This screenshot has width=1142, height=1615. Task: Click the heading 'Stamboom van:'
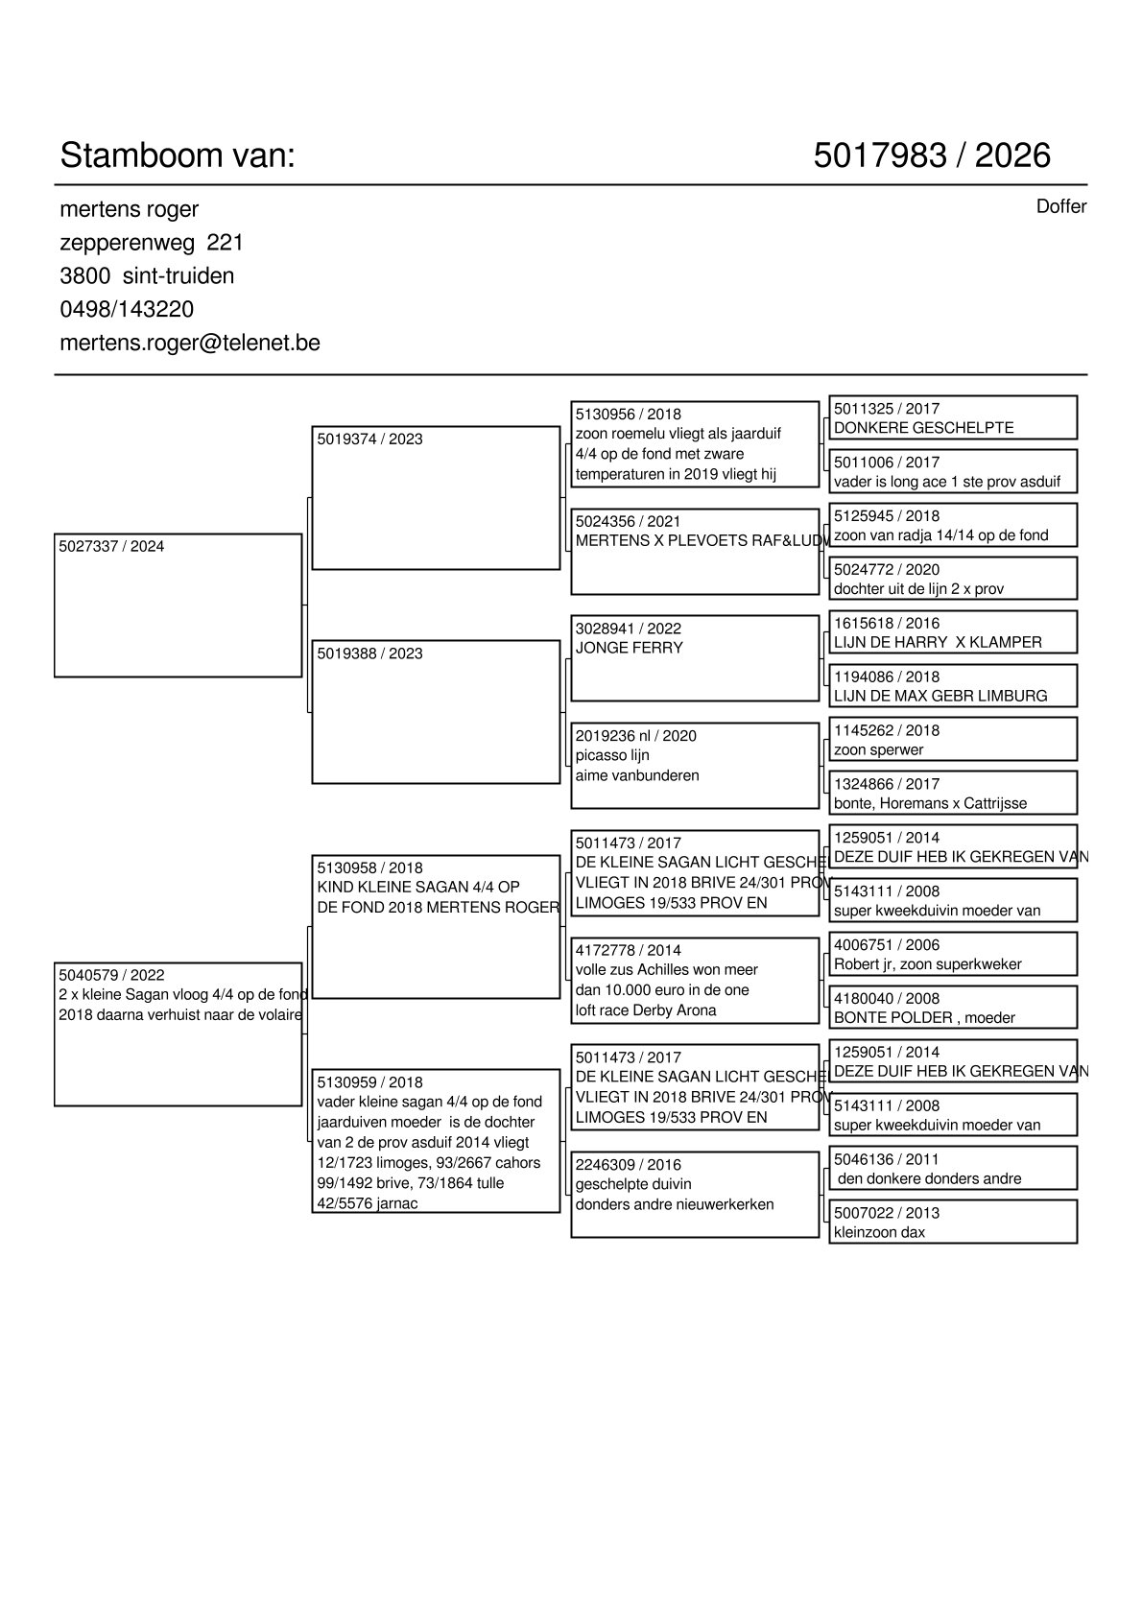pos(178,155)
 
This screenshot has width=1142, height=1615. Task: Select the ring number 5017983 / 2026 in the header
pos(931,155)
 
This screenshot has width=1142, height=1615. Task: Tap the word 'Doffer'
pos(1060,207)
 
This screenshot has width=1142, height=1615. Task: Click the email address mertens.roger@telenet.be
pos(190,344)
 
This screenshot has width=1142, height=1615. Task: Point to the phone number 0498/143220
pos(127,310)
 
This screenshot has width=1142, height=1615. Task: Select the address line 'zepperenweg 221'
pos(152,243)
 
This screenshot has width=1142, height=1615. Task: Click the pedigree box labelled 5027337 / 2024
pos(178,606)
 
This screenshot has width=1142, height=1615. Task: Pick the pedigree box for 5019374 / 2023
pos(436,498)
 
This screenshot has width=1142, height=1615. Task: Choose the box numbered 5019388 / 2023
pos(436,712)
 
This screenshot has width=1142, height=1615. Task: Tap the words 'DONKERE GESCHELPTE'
pos(923,428)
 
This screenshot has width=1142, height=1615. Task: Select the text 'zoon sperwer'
pos(878,750)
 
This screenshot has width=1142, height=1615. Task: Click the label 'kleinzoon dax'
pos(879,1233)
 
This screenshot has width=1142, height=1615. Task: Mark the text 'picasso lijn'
pos(612,755)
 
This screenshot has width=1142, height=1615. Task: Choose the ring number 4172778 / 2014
pos(628,951)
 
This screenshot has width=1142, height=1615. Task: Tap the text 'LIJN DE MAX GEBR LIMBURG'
pos(940,697)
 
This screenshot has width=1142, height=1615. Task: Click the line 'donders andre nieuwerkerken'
pos(674,1205)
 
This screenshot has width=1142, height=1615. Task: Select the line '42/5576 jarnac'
pos(368,1204)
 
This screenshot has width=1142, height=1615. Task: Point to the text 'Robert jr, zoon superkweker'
pos(927,964)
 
